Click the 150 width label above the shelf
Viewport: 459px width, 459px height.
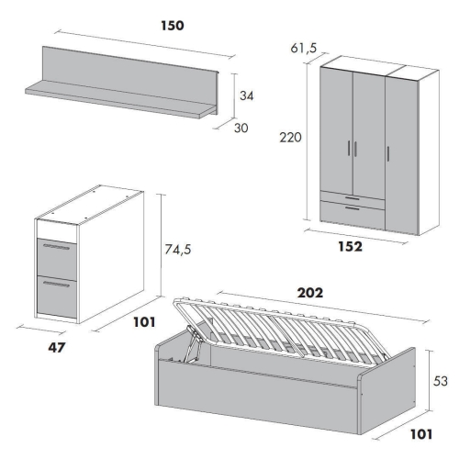pos(173,26)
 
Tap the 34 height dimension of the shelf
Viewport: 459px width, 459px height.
pos(247,95)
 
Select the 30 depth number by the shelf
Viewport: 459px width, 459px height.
pos(241,128)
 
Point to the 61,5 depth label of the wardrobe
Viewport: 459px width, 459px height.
pos(304,48)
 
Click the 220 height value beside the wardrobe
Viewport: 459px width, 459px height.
pos(290,138)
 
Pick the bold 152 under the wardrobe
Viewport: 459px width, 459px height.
pos(351,246)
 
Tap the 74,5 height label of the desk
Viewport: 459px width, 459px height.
pos(178,250)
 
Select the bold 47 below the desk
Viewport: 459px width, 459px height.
pos(57,347)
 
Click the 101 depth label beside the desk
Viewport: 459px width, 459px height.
pos(144,322)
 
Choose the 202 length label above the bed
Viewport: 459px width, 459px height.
pos(310,293)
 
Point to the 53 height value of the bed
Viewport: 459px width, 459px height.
pos(441,381)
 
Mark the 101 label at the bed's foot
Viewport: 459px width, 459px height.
pos(421,434)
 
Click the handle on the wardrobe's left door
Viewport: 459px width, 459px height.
pos(349,149)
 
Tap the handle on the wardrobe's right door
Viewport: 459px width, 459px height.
pos(388,153)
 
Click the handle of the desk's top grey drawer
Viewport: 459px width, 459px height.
pos(57,247)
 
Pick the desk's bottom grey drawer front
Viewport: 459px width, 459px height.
pos(57,297)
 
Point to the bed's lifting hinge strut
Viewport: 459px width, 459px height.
pos(192,343)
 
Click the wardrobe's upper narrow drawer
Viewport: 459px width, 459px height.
pos(353,197)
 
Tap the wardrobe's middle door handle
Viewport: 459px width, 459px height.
pos(355,150)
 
